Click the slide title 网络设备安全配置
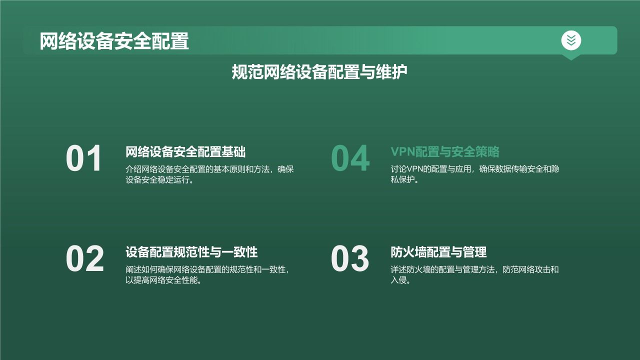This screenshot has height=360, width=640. (114, 41)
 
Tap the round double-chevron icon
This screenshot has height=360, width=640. (571, 40)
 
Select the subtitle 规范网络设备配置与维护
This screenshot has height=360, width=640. (319, 72)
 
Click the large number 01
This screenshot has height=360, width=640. (84, 159)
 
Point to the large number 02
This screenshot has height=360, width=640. (84, 259)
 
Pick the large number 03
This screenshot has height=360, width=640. (349, 259)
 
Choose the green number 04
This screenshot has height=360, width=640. (350, 159)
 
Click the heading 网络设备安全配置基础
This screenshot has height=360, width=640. (185, 152)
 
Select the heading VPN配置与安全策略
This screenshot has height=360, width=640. (444, 152)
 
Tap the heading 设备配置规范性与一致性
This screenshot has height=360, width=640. (191, 252)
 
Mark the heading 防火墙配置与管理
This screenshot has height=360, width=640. (438, 252)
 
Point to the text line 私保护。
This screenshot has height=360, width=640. (404, 180)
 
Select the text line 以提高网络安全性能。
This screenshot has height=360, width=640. (163, 280)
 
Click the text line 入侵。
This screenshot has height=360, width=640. (400, 280)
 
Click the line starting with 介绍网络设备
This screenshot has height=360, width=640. (209, 169)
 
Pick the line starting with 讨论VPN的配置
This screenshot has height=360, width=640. (474, 169)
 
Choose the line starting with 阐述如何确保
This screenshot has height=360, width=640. (207, 269)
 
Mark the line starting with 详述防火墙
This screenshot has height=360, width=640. (474, 269)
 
